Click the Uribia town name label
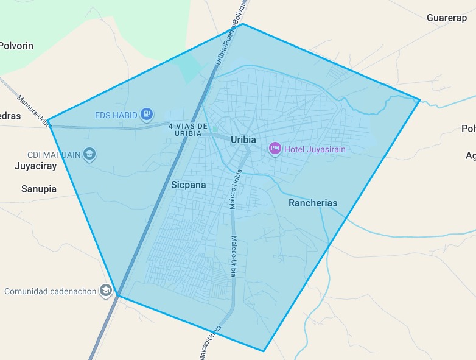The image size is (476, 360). click(243, 139)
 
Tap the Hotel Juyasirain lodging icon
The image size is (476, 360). click(275, 148)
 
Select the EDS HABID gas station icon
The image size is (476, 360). click(147, 113)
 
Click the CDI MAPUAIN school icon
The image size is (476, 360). click(89, 154)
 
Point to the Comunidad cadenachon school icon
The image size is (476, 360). click(107, 291)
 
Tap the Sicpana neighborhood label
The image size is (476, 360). click(188, 185)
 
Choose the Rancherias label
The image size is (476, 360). click(313, 203)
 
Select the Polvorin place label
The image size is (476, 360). click(16, 46)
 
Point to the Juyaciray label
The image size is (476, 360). click(35, 166)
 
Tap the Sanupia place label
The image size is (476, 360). click(39, 189)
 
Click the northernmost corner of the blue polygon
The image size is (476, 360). click(243, 24)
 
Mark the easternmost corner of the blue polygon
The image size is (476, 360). click(419, 99)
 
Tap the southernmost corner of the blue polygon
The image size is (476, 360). click(264, 351)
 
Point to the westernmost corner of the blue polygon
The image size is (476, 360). click(48, 119)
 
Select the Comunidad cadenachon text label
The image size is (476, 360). click(51, 291)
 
